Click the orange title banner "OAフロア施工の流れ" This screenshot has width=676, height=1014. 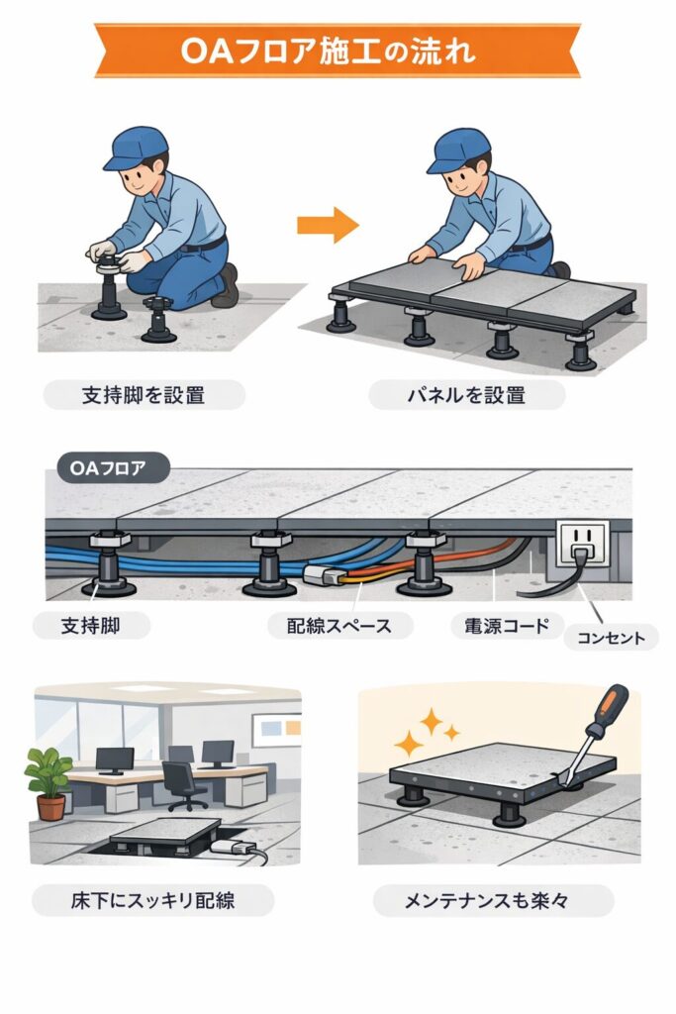[x=338, y=51]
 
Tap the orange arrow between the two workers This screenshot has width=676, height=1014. [x=328, y=225]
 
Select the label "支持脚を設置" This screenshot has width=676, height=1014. [x=144, y=394]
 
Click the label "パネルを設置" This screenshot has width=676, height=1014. [x=466, y=394]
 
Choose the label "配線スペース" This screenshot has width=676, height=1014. [x=339, y=626]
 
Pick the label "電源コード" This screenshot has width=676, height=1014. [x=506, y=626]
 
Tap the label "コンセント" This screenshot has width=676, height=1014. [x=611, y=638]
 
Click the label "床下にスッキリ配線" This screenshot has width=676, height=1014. [x=153, y=900]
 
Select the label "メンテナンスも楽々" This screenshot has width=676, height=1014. [x=494, y=900]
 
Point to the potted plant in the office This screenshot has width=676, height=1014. [x=49, y=782]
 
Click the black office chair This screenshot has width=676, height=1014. [x=184, y=785]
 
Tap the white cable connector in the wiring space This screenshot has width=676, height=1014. [x=322, y=574]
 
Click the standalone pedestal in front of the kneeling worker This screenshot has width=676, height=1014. [x=158, y=320]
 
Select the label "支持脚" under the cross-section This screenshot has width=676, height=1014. [x=91, y=626]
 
